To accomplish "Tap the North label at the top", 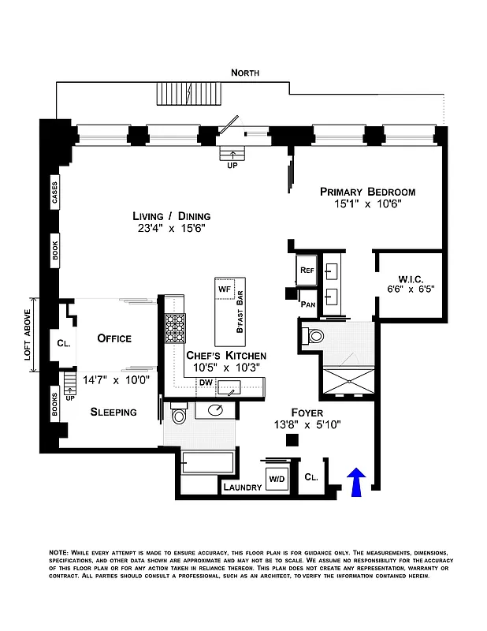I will [244, 73].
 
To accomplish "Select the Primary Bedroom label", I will [366, 192].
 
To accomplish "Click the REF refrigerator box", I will [307, 270].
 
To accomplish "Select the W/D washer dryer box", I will [277, 479].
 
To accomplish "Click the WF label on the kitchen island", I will [223, 289].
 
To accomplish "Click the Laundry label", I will [242, 487].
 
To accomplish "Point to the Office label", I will [113, 338].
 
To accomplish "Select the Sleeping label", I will [113, 412].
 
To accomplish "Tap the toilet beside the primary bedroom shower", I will [314, 337].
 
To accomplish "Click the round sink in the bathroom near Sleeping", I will [217, 410].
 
